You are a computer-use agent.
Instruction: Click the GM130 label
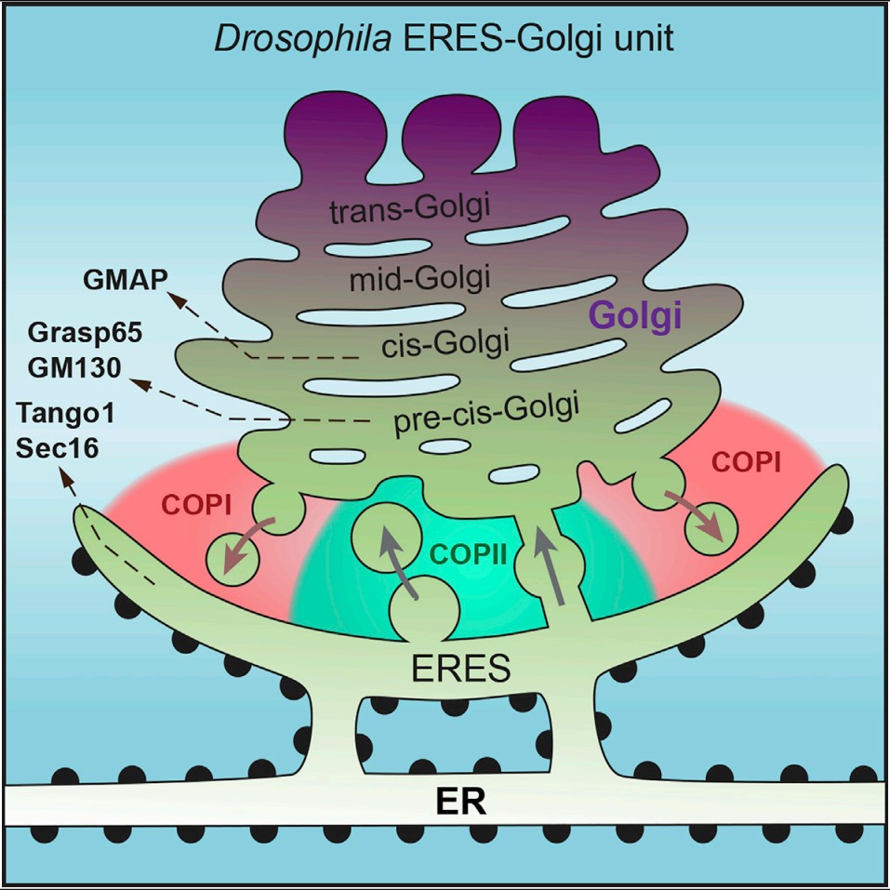tap(74, 367)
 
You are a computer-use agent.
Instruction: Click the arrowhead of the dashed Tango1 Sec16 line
tap(65, 476)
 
